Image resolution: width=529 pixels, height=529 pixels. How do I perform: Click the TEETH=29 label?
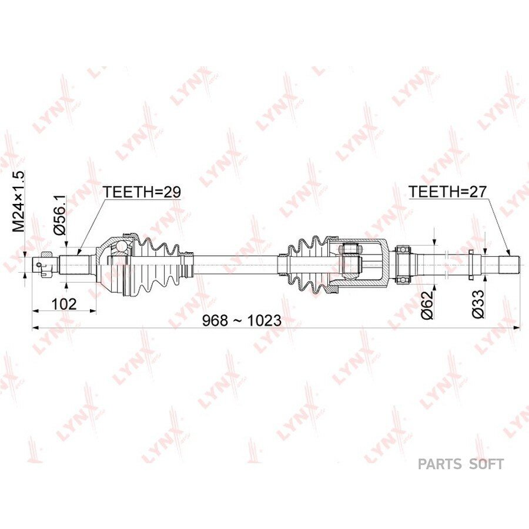click(142, 192)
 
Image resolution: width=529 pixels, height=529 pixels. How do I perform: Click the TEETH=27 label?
click(448, 192)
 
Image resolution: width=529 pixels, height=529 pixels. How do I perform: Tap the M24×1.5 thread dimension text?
click(19, 202)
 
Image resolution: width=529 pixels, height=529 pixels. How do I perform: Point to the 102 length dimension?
click(64, 304)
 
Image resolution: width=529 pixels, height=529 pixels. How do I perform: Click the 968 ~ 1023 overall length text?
click(242, 320)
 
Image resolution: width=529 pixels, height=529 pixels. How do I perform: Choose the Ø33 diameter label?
click(478, 304)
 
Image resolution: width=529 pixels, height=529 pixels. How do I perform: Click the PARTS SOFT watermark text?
click(461, 464)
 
